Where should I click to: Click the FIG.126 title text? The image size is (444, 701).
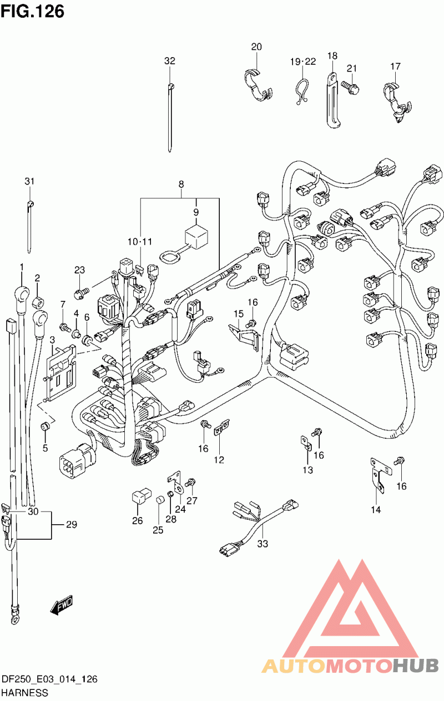point(33,11)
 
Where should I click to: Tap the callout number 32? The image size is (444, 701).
point(170,61)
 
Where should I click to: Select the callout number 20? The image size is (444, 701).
point(256,47)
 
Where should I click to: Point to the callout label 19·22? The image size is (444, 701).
point(302,62)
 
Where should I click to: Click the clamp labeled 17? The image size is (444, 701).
point(397,102)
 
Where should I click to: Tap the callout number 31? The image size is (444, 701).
point(29,181)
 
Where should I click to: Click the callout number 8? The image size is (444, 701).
point(181,185)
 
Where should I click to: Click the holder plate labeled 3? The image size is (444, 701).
point(60,372)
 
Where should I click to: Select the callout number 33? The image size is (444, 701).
point(263,544)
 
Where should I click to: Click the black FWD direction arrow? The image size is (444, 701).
point(61,605)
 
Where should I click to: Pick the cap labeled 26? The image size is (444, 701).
point(141,494)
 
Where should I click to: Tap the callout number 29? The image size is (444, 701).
point(72,524)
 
